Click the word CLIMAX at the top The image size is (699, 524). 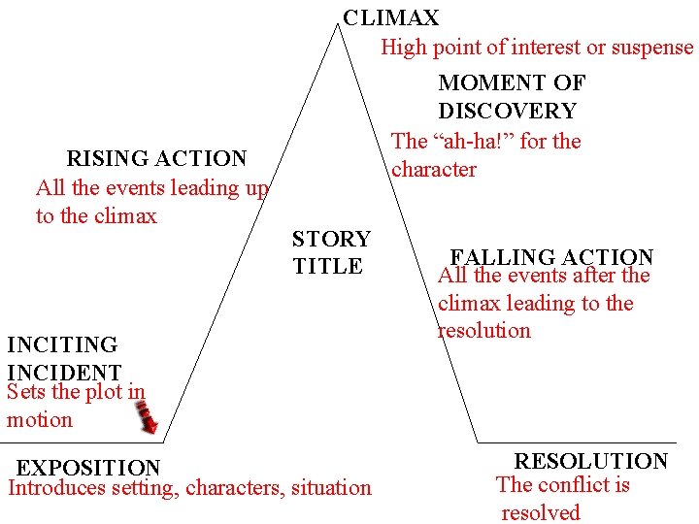(391, 17)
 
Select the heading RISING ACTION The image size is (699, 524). (156, 158)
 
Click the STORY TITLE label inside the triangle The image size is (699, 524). (330, 252)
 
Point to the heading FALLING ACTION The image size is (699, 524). (551, 257)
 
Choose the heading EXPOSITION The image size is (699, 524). (88, 469)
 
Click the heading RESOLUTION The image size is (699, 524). (590, 461)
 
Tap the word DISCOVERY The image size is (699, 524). (507, 112)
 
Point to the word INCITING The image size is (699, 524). (62, 344)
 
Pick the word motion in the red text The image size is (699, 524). (40, 420)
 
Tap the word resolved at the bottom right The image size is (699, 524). (540, 512)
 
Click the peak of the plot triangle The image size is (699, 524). (339, 26)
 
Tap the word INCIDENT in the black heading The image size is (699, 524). (64, 373)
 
